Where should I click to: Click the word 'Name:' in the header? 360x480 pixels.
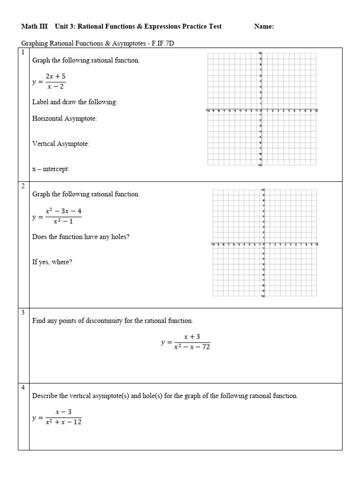pyautogui.click(x=264, y=27)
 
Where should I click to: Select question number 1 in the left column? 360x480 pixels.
pyautogui.click(x=23, y=52)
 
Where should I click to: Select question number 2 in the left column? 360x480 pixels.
pyautogui.click(x=23, y=186)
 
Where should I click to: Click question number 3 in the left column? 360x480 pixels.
pyautogui.click(x=23, y=312)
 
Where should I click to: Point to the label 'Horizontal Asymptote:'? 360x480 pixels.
pyautogui.click(x=65, y=119)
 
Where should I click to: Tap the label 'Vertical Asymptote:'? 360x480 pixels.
pyautogui.click(x=61, y=144)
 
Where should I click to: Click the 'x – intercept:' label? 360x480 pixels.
pyautogui.click(x=51, y=169)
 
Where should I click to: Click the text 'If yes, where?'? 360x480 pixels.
pyautogui.click(x=52, y=262)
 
